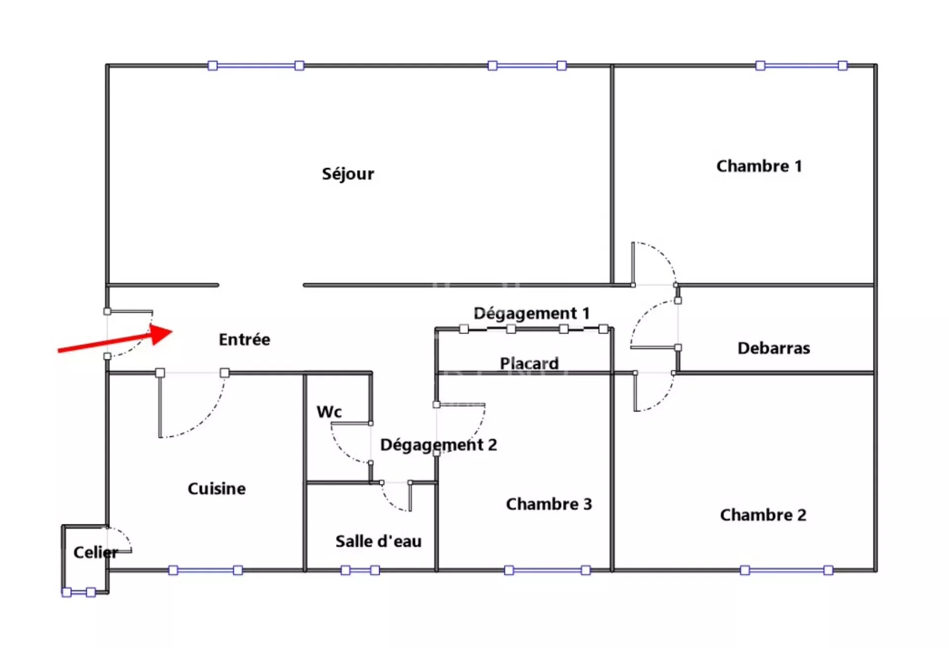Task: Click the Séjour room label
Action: (x=348, y=174)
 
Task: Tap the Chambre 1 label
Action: (x=759, y=166)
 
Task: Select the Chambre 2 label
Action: (x=763, y=515)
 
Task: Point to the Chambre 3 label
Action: (x=549, y=504)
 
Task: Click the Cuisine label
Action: (x=216, y=489)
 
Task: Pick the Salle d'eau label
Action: (x=379, y=541)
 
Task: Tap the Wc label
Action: (x=329, y=412)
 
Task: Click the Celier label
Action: (x=96, y=552)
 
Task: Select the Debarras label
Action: (x=774, y=348)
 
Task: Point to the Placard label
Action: (x=529, y=363)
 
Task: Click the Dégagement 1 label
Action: (x=531, y=313)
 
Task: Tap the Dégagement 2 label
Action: (x=438, y=445)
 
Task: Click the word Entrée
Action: (x=245, y=340)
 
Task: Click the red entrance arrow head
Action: (x=163, y=333)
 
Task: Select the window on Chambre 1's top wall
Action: (x=802, y=66)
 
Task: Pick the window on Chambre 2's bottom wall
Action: (x=786, y=570)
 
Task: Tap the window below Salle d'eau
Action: (x=360, y=570)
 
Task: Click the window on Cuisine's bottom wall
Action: (x=206, y=570)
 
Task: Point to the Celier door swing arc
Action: (x=121, y=537)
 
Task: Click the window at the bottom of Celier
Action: (x=79, y=592)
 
